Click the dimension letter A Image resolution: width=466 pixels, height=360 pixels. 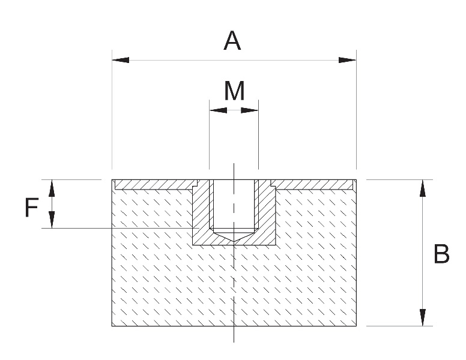pos(232,41)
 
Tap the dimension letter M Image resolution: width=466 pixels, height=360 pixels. pos(234,91)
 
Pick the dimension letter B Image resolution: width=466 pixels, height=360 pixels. pos(441,255)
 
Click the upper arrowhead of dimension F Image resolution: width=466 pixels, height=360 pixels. pos(52,188)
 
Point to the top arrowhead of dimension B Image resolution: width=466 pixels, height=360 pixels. pos(423,188)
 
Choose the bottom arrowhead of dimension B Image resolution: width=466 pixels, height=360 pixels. pos(423,317)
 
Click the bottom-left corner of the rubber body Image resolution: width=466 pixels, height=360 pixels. pos(112,326)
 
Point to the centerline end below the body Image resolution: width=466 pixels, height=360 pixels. pos(234,341)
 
